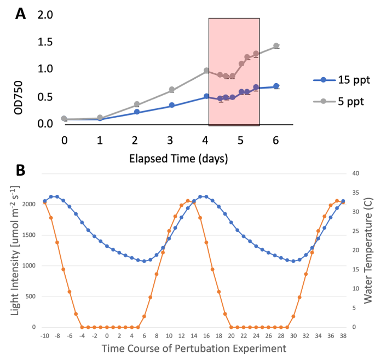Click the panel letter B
click(20, 170)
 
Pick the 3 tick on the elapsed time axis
click(170, 140)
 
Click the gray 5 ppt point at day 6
click(276, 46)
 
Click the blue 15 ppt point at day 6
click(276, 86)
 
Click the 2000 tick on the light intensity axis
click(30, 204)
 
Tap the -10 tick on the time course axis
click(44, 335)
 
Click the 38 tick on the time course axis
click(343, 335)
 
